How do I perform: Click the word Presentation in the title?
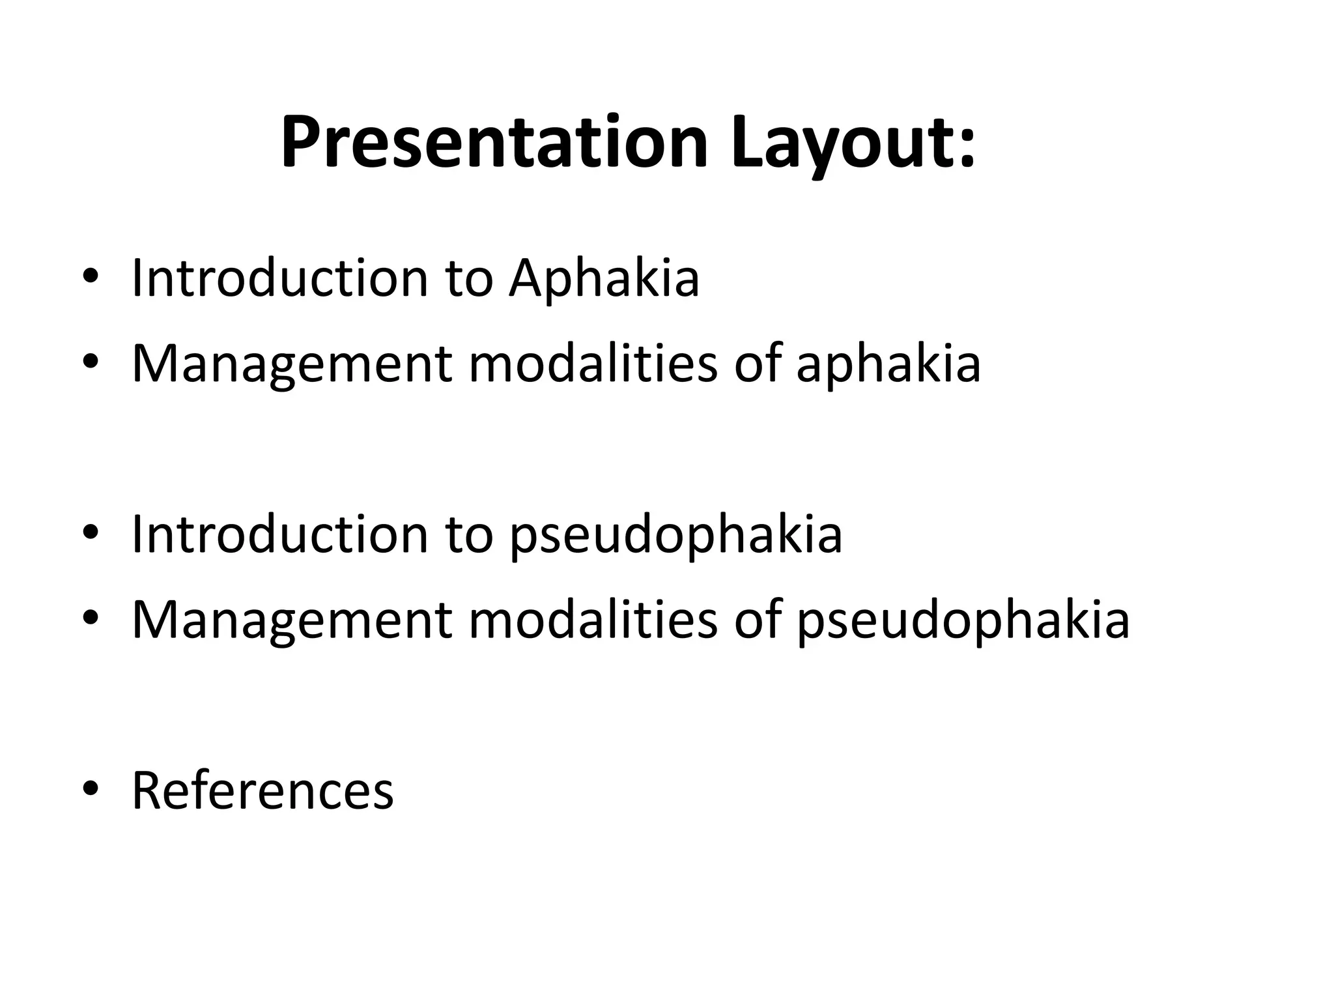494,142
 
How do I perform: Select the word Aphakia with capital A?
604,279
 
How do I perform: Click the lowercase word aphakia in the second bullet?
888,364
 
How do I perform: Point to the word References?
263,791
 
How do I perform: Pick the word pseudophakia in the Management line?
963,621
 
